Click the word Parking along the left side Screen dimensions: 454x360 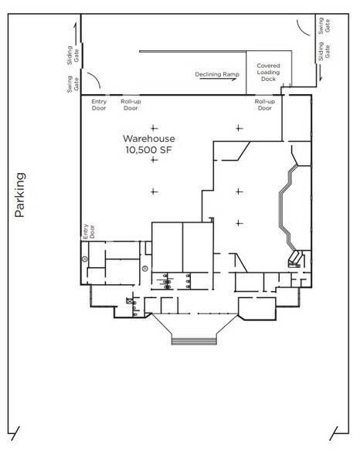(22, 196)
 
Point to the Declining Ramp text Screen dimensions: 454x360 (216, 73)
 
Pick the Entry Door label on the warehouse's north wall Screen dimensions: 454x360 (99, 104)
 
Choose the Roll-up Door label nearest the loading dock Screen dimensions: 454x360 (265, 104)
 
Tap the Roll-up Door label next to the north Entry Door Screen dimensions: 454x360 (130, 104)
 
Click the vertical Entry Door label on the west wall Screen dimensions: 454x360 (87, 231)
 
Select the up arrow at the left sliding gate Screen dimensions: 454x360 (76, 31)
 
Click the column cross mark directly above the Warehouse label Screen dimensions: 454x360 (154, 127)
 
